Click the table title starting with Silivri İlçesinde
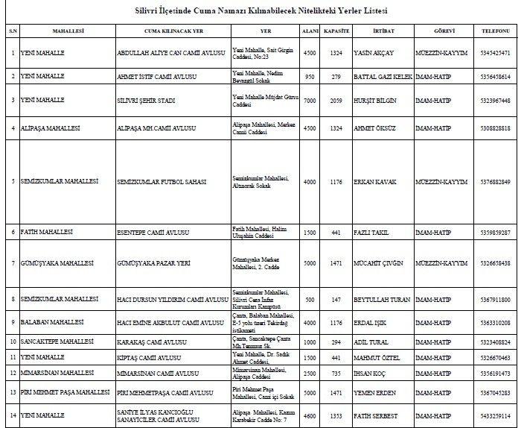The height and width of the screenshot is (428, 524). click(x=262, y=12)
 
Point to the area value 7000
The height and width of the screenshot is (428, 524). click(x=310, y=100)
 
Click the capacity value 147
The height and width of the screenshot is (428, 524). click(x=337, y=299)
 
